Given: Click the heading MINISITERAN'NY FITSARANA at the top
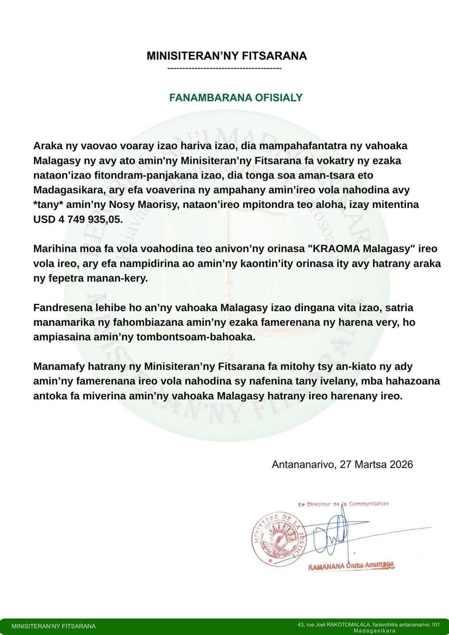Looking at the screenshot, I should (227, 56).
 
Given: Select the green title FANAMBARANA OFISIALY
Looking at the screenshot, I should (236, 98).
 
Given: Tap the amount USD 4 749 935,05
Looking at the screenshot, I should (78, 219).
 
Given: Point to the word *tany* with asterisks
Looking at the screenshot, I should (48, 205).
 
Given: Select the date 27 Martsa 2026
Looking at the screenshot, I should (376, 465).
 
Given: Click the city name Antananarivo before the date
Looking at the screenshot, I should (303, 465).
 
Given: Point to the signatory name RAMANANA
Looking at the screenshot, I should (326, 566).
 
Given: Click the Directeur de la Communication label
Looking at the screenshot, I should (343, 504).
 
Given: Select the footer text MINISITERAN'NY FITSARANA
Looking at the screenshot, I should (54, 626).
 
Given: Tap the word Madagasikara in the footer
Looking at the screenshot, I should (375, 631).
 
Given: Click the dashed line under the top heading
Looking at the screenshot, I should (224, 68).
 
